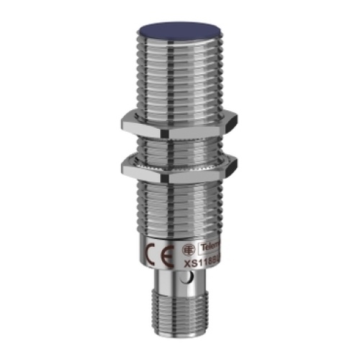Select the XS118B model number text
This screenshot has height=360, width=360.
tap(204, 264)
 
